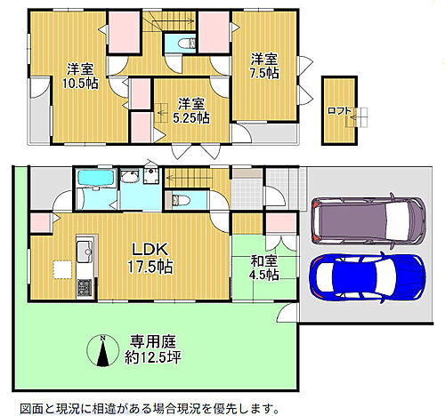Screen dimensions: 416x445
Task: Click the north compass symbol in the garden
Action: pos(105,352)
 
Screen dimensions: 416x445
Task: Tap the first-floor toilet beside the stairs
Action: pos(179,199)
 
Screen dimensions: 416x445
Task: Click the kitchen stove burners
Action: pos(85,288)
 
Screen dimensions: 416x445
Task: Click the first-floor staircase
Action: pos(190,179)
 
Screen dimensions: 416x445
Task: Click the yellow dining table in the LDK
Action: pos(61,269)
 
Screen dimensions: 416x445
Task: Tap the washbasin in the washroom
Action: pos(152,175)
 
